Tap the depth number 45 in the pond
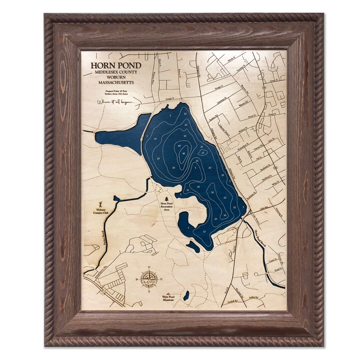coord(184,153)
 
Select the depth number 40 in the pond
coord(179,146)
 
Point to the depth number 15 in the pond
coord(203,153)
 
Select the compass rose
coord(149,278)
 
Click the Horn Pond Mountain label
coord(168,298)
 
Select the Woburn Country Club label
coord(99,211)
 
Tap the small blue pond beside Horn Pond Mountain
coord(186,295)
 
